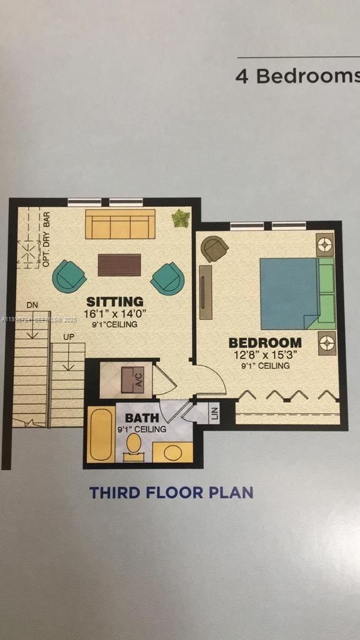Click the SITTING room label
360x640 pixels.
(x=115, y=302)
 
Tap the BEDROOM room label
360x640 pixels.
(x=265, y=342)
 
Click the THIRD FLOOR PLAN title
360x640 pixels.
(x=171, y=492)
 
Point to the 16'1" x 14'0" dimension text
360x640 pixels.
(x=115, y=314)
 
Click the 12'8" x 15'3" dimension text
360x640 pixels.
(x=265, y=354)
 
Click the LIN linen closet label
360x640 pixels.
(x=214, y=413)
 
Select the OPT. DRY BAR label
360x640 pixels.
(x=46, y=240)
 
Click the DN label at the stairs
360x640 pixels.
(x=32, y=304)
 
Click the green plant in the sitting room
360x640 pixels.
(x=181, y=219)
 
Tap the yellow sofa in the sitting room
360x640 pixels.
(x=120, y=224)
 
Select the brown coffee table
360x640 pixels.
(x=119, y=264)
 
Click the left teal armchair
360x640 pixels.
(x=69, y=276)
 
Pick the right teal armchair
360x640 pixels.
(x=167, y=278)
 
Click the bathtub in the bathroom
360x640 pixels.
(x=100, y=434)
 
